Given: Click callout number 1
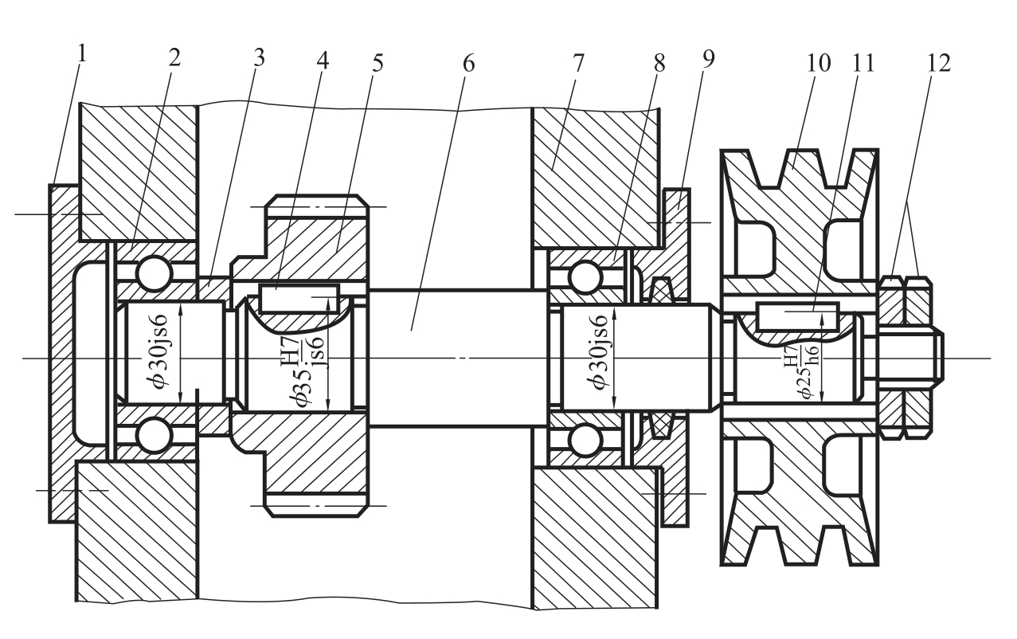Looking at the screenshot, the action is [82, 53].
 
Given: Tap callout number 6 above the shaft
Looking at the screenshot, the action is [468, 64].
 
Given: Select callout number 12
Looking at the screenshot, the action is [938, 63].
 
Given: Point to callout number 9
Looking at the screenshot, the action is [708, 59].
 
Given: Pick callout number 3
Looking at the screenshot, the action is [259, 57].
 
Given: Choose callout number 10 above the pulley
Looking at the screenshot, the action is [819, 63].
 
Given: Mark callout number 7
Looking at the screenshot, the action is [577, 63].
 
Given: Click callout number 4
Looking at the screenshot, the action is [323, 60].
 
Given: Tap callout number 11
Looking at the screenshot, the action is [863, 63].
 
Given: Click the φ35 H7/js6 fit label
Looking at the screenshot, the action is [307, 371].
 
